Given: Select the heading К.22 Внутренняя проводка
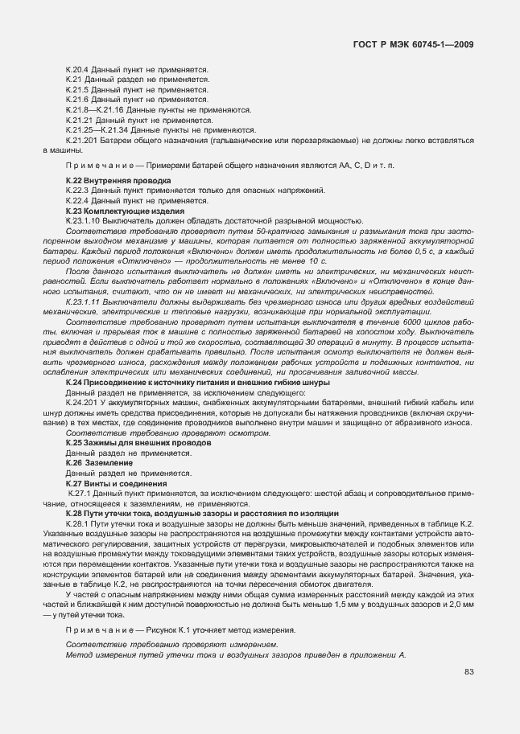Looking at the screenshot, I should click(x=118, y=181).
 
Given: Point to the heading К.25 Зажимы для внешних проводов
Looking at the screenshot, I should click(x=138, y=442).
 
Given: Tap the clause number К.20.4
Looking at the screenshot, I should click(x=77, y=71).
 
